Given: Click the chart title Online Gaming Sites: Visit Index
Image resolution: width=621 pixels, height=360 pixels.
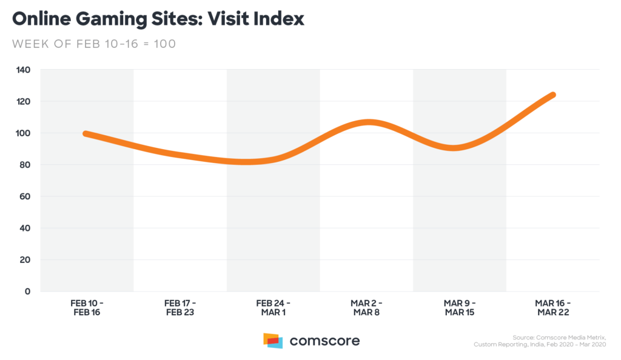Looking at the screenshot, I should pos(158,19).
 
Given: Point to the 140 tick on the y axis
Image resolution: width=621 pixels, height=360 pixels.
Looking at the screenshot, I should pos(23,70).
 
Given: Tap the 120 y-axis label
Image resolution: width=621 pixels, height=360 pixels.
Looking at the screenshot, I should pos(23,101).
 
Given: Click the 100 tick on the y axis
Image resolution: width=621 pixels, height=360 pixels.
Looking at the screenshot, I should pos(23,133).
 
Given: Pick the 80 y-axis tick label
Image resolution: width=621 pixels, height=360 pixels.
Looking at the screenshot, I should pos(25,165).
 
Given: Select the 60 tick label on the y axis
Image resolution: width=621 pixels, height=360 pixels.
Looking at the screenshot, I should pos(25,196).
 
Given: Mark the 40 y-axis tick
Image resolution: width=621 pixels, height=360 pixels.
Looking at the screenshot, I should pos(25,228).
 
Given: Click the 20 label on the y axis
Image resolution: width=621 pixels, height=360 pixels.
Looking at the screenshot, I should pos(25,259).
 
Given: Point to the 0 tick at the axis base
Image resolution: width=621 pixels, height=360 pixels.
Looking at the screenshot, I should pos(27,292).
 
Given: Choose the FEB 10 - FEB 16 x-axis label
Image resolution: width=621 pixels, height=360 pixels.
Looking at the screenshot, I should pos(87,308).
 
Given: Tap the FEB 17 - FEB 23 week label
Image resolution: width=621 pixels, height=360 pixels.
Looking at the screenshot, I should pos(180,308).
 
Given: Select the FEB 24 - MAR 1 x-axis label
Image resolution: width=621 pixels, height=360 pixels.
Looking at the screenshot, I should pos(273,308).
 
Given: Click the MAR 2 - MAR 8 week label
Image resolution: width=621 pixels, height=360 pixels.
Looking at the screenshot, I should pos(366,308).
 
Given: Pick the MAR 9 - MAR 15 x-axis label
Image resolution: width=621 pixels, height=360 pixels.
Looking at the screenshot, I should pos(459,308).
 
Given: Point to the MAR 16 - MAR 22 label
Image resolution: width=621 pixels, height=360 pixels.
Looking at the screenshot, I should pos(552,308).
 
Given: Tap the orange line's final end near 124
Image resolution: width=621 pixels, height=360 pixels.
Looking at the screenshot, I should pos(552,95).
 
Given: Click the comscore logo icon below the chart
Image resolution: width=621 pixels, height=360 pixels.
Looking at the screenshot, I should pos(273,340).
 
